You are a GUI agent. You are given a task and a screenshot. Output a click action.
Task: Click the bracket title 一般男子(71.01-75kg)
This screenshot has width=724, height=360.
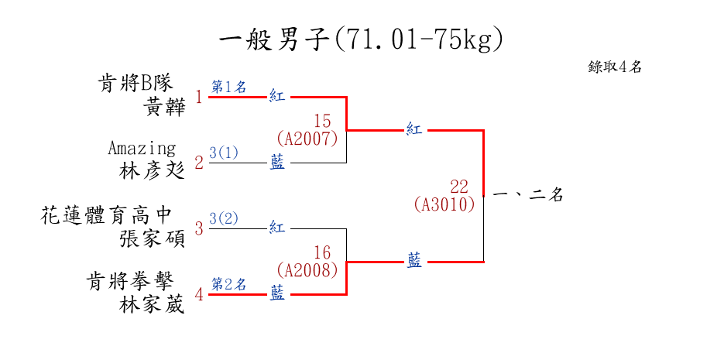click(x=362, y=39)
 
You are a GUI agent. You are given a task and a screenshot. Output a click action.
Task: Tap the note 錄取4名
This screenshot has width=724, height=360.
click(x=615, y=67)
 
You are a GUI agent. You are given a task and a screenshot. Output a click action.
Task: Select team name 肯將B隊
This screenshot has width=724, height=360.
click(x=135, y=82)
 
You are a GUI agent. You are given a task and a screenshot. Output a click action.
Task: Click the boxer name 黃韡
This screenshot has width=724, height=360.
click(x=165, y=106)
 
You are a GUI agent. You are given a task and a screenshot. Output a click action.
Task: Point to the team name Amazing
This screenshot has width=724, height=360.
click(x=142, y=147)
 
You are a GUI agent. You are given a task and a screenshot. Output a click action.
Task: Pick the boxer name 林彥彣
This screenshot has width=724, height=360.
click(x=153, y=170)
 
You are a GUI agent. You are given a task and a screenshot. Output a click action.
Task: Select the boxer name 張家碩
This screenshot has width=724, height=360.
click(x=153, y=238)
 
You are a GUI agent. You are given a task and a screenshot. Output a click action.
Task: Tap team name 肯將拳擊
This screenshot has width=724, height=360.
click(x=135, y=281)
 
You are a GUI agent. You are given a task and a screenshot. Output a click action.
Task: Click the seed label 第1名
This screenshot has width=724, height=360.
click(x=229, y=87)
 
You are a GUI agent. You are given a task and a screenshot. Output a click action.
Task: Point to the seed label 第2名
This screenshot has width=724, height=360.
click(x=229, y=284)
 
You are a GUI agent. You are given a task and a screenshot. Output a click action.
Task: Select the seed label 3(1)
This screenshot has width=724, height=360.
click(x=224, y=153)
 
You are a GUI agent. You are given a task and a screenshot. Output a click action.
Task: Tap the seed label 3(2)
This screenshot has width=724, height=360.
click(x=224, y=218)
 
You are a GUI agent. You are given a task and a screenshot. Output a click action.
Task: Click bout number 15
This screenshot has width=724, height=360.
click(x=322, y=121)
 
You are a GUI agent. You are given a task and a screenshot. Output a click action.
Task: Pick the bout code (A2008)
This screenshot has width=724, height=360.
click(x=307, y=270)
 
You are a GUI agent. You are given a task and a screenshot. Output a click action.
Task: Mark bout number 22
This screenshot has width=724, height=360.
click(x=459, y=187)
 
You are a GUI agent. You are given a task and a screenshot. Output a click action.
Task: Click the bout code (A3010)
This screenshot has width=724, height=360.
click(x=444, y=204)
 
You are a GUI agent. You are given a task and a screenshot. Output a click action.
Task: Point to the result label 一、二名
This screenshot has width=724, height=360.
click(x=527, y=196)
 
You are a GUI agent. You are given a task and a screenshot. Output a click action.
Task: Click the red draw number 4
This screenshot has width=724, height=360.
click(x=199, y=294)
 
